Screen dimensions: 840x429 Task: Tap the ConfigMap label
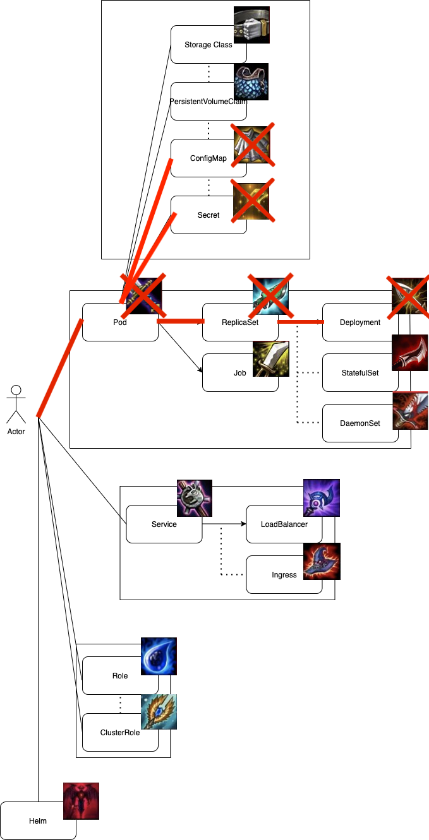[208, 158]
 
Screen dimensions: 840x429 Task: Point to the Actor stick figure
[16, 404]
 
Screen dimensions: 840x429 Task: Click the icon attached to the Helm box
[82, 801]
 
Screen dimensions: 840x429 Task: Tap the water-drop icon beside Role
[159, 656]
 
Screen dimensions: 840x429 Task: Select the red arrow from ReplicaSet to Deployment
[301, 322]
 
